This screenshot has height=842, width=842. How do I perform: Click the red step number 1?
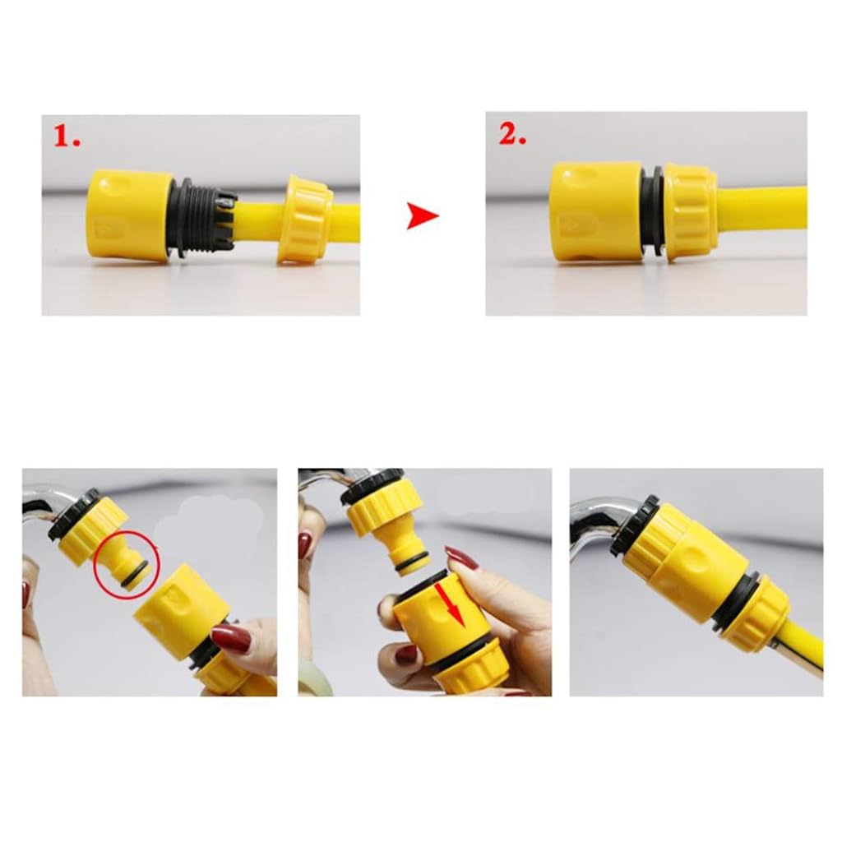(x=67, y=137)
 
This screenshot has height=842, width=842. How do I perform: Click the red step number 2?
(x=511, y=135)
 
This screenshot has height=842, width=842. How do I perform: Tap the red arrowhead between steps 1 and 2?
(x=422, y=218)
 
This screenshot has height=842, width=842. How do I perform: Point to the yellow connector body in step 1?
(x=129, y=215)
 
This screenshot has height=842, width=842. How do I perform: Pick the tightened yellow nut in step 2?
(x=689, y=211)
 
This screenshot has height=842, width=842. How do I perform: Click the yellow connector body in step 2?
(x=595, y=211)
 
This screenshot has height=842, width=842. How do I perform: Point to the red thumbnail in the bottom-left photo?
(x=230, y=638)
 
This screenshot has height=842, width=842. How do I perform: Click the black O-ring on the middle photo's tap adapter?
(x=411, y=562)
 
